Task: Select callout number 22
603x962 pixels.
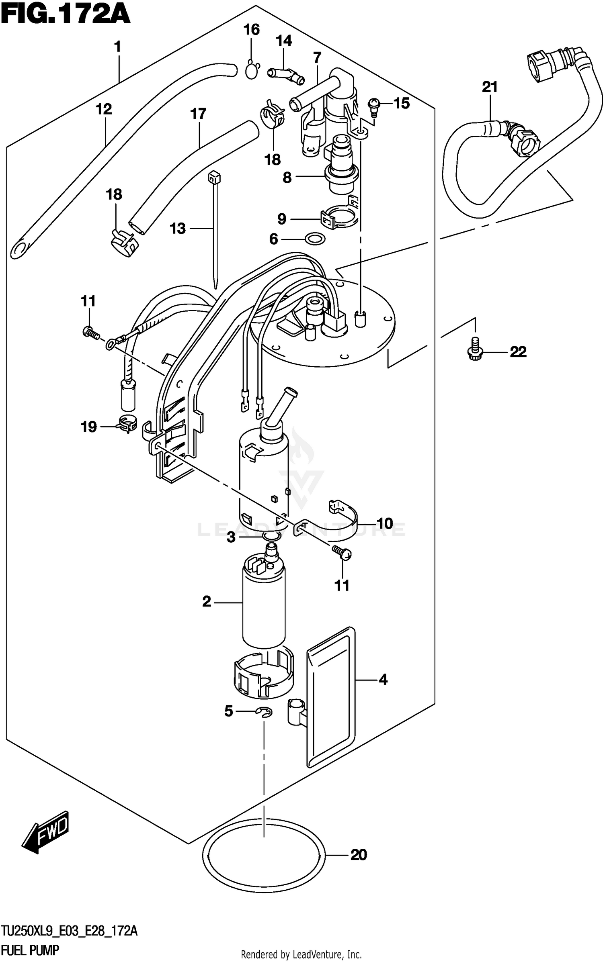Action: [518, 352]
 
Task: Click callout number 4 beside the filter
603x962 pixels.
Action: [383, 680]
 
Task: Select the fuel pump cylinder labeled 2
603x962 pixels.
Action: [264, 603]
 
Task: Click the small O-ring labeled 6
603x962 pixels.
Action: [315, 239]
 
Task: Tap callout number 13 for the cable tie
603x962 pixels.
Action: [178, 229]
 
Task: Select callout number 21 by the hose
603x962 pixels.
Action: [490, 87]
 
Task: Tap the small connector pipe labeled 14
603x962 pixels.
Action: [286, 75]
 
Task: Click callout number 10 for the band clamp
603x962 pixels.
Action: [385, 523]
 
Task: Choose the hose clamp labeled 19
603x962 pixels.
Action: [127, 425]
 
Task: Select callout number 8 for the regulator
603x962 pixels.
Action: [287, 177]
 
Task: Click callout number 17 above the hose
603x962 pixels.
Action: [198, 114]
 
